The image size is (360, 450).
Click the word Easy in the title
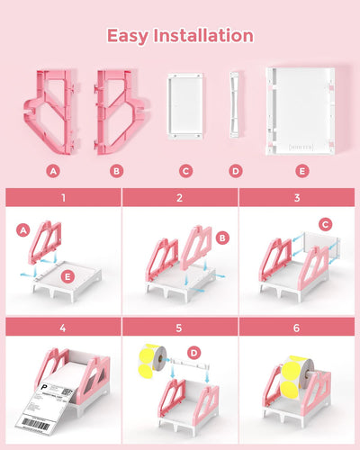pyautogui.click(x=129, y=36)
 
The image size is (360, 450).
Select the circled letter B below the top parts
pyautogui.click(x=116, y=170)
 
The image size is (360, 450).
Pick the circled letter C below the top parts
pyautogui.click(x=185, y=170)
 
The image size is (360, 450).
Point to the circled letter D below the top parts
pyautogui.click(x=236, y=170)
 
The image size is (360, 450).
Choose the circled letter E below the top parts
pyautogui.click(x=301, y=170)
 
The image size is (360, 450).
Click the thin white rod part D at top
pyautogui.click(x=235, y=105)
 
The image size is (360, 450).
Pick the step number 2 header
pyautogui.click(x=180, y=197)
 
